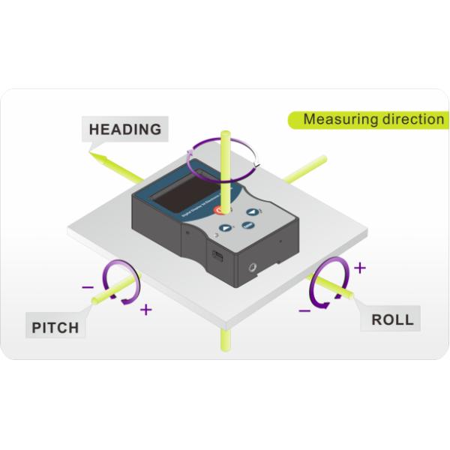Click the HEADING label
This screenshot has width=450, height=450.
pyautogui.click(x=125, y=129)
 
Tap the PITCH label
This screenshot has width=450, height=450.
pyautogui.click(x=55, y=328)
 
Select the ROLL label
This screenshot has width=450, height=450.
pyautogui.click(x=392, y=319)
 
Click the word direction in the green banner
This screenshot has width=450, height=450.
pyautogui.click(x=410, y=119)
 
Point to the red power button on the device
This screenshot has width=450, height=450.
pyautogui.click(x=220, y=212)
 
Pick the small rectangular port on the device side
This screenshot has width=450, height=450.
pyautogui.click(x=217, y=256)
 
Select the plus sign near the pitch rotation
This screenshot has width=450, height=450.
pyautogui.click(x=145, y=309)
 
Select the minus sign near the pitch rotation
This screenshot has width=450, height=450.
pyautogui.click(x=88, y=286)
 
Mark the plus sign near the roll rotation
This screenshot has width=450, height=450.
pyautogui.click(x=360, y=267)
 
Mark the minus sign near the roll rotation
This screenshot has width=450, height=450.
pyautogui.click(x=304, y=309)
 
